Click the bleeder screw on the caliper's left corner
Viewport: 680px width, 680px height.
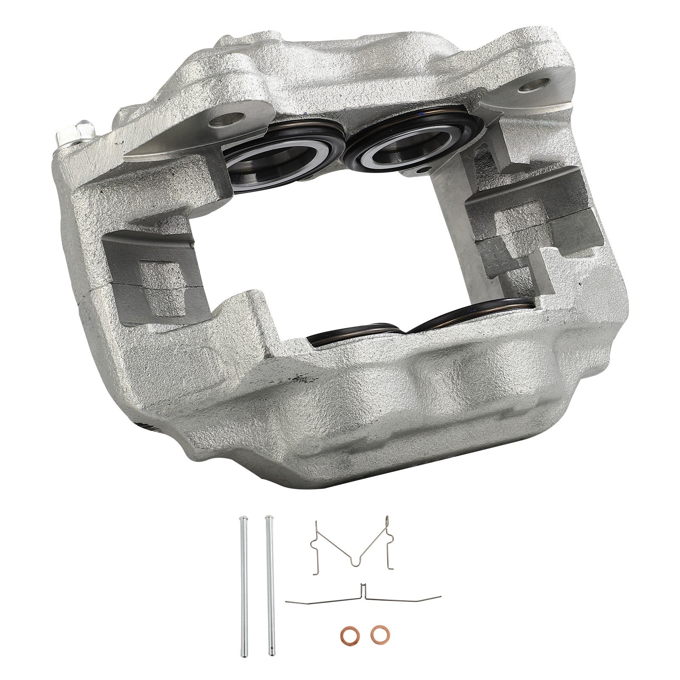coord(81,127)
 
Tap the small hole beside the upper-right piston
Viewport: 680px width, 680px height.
coord(422,170)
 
